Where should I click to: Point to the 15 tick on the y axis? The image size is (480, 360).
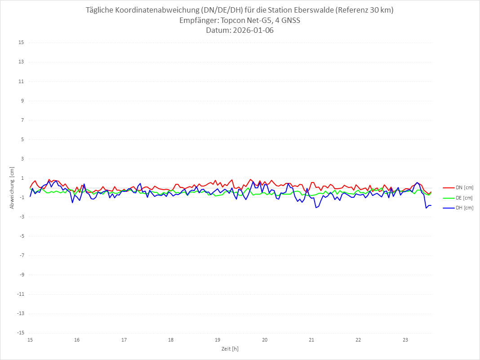pyautogui.click(x=21, y=43)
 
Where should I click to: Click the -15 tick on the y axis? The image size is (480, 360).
pyautogui.click(x=20, y=333)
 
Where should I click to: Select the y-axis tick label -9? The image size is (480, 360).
pyautogui.click(x=21, y=275)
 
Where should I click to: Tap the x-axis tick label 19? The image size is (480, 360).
pyautogui.click(x=218, y=340)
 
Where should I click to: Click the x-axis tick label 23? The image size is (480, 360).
pyautogui.click(x=405, y=340)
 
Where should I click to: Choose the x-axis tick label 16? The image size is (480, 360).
pyautogui.click(x=77, y=340)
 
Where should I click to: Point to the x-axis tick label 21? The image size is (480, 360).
pyautogui.click(x=311, y=340)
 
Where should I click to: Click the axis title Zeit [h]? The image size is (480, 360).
pyautogui.click(x=230, y=348)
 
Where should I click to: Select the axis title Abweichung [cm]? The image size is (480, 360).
pyautogui.click(x=12, y=188)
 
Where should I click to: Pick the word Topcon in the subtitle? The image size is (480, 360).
pyautogui.click(x=233, y=20)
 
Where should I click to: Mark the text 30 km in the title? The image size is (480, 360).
pyautogui.click(x=379, y=10)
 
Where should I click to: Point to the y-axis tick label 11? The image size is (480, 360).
pyautogui.click(x=21, y=81)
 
